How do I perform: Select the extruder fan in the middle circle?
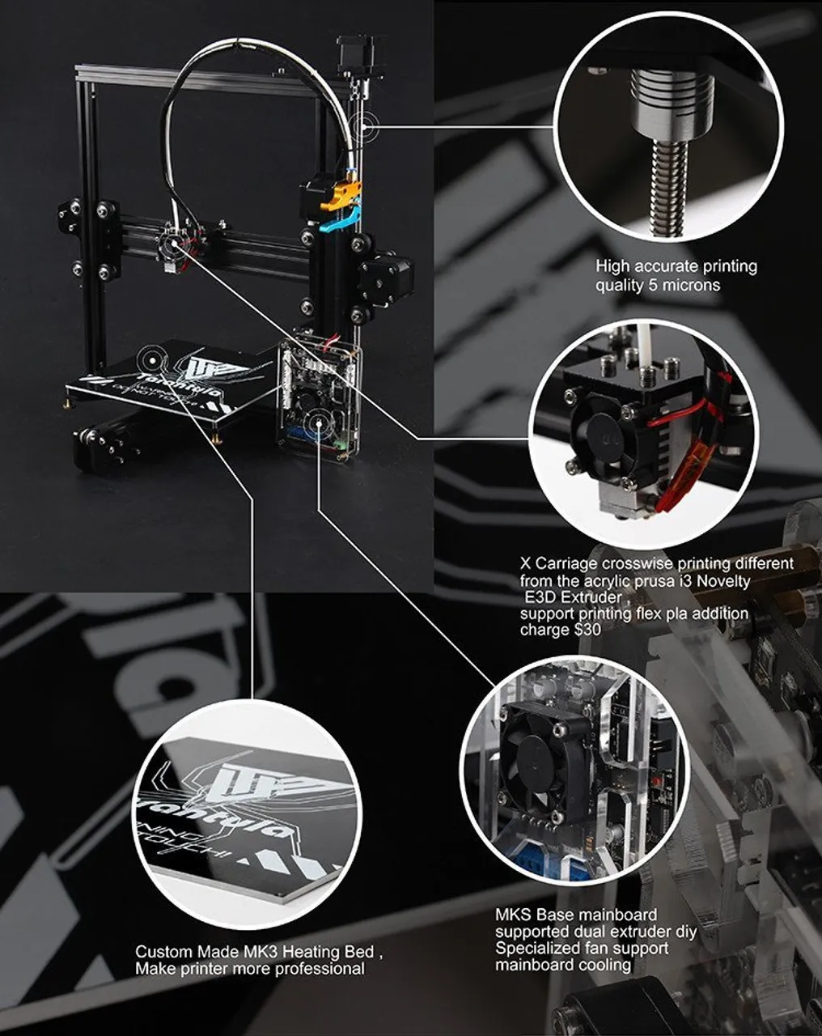[x=599, y=437]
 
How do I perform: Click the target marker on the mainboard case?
[x=320, y=420]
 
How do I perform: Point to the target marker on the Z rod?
[x=368, y=126]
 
